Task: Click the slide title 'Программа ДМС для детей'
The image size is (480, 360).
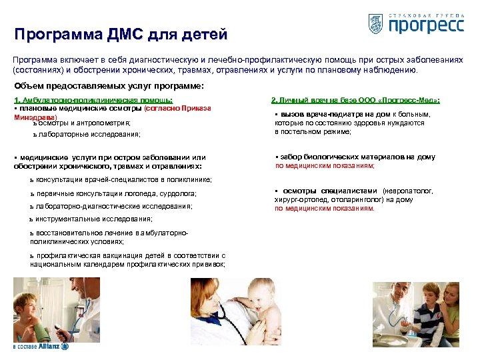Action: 121,34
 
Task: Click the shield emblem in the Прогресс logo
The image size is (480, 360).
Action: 375,24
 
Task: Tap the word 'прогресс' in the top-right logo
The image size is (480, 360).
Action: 425,25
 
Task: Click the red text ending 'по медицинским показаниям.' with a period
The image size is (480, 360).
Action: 325,208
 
